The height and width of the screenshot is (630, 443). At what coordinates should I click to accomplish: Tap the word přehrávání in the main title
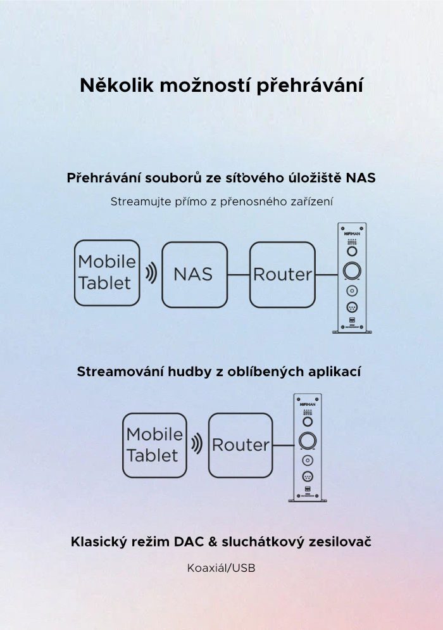(x=309, y=86)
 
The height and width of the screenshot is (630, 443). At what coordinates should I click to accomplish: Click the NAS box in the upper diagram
(x=194, y=275)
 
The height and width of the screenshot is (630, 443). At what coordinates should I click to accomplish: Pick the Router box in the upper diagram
(x=282, y=275)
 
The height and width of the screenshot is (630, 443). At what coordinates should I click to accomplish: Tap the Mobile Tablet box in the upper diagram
(x=107, y=273)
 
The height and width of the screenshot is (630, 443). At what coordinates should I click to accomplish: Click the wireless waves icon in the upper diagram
(x=151, y=274)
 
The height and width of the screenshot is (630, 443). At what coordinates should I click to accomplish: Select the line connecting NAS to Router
(x=239, y=275)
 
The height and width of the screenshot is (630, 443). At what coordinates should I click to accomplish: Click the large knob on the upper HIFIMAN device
(x=352, y=271)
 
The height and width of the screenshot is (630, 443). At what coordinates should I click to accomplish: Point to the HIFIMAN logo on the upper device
(x=352, y=234)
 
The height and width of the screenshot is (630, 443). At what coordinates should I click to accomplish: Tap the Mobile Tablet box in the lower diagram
(x=154, y=446)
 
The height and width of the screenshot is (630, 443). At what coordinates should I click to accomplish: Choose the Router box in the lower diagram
(x=240, y=446)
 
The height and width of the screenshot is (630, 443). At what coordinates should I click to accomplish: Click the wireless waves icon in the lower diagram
(x=196, y=444)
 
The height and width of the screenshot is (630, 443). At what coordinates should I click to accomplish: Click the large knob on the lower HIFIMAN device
(x=308, y=441)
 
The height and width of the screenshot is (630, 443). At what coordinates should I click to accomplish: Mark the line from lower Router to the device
(x=284, y=446)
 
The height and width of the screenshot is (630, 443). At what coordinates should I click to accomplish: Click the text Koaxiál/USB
(x=221, y=568)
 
